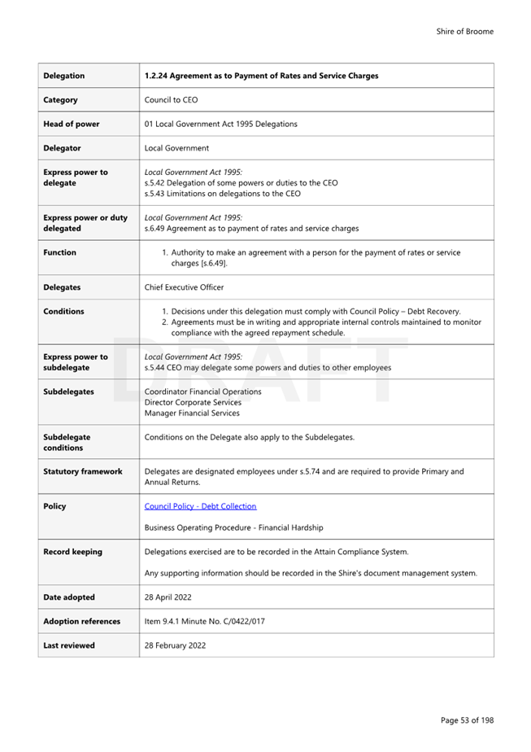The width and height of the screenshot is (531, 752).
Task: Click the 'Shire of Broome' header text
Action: click(x=464, y=32)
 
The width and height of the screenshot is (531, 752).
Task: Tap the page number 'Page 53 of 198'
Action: click(x=467, y=720)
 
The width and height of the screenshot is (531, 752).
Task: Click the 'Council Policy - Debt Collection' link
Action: click(x=200, y=506)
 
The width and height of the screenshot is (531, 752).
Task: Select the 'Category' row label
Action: click(x=61, y=100)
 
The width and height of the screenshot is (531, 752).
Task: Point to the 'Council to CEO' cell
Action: click(x=171, y=100)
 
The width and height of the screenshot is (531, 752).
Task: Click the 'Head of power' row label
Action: click(x=72, y=124)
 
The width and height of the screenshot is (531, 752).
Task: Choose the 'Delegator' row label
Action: click(x=62, y=148)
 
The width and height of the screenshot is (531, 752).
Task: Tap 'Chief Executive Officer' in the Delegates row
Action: click(x=184, y=287)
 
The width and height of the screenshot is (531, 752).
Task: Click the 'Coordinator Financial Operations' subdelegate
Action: click(x=202, y=391)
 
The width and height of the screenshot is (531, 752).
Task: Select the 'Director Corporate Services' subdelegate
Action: click(x=193, y=402)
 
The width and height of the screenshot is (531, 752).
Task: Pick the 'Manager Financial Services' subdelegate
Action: click(x=192, y=413)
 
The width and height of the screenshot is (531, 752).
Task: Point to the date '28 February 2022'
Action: click(x=175, y=645)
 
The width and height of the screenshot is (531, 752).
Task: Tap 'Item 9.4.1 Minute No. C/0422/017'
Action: click(x=204, y=621)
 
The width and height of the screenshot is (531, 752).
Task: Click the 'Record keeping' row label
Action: click(x=72, y=552)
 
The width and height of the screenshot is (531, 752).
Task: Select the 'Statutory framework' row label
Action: click(x=83, y=471)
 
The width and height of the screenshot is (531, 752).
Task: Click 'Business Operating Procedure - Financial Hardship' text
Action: click(x=233, y=527)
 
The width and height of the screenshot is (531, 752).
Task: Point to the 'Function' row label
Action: click(x=59, y=252)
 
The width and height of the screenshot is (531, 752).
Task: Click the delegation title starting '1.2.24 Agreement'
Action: click(x=261, y=76)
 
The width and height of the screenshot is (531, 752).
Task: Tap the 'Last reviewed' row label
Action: click(x=69, y=645)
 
